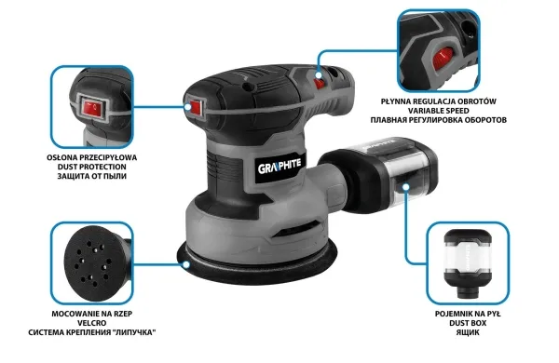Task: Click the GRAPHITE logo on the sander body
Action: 279,166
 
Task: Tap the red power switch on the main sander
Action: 196,108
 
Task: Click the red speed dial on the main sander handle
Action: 320,84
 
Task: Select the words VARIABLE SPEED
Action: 439,111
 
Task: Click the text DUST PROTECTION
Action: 92,167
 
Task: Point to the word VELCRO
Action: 92,323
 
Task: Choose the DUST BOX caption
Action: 468,323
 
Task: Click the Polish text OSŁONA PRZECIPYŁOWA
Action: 92,157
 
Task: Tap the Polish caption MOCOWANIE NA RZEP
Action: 92,314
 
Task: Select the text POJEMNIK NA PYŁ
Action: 468,314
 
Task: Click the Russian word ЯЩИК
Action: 468,332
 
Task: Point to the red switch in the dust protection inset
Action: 92,108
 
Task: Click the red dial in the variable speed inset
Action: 443,59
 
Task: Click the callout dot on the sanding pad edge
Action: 186,264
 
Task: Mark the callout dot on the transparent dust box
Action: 406,187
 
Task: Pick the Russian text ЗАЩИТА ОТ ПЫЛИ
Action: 92,176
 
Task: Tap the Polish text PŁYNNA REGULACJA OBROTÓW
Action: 439,101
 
